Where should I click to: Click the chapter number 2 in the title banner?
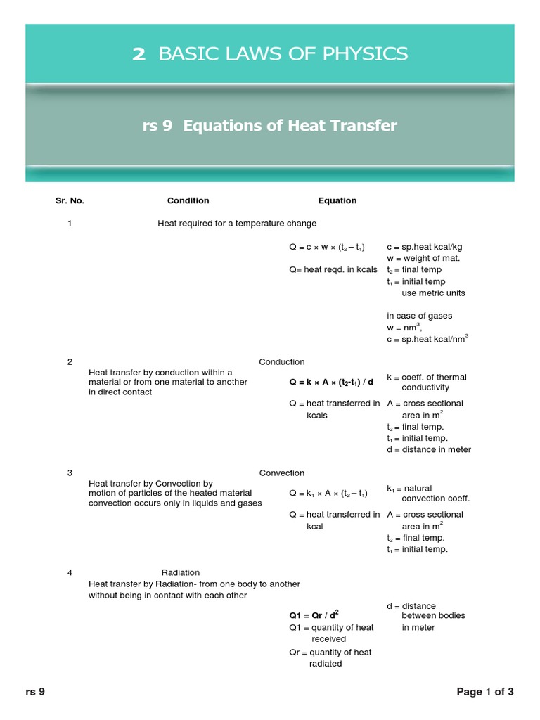tap(139, 54)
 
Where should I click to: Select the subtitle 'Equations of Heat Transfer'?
tap(290, 126)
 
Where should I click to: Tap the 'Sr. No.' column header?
tap(70, 200)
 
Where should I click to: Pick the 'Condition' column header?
tap(188, 200)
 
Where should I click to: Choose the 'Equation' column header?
tap(337, 200)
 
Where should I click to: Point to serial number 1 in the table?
tap(70, 224)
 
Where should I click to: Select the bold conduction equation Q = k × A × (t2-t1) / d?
tap(331, 382)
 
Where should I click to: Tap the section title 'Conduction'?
tap(281, 362)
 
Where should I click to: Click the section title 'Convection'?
tap(281, 473)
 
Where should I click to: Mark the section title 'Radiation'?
tap(181, 573)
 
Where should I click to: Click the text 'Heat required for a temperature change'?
tap(237, 224)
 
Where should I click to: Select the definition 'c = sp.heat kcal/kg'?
tap(424, 247)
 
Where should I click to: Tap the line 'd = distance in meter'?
tap(428, 450)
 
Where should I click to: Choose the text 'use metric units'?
tap(433, 293)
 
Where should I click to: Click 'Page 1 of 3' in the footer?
tap(485, 692)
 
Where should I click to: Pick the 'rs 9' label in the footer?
tap(35, 692)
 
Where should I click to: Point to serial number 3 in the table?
tap(70, 473)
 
